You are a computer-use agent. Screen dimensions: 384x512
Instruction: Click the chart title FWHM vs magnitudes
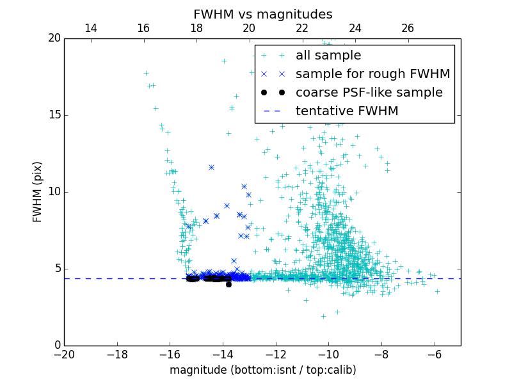262,14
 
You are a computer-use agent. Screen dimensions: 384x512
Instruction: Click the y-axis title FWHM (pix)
38,192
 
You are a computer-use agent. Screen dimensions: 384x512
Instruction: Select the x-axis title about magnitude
262,370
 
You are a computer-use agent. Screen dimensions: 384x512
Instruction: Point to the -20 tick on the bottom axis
64,355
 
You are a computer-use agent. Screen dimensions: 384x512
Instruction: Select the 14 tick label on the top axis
91,28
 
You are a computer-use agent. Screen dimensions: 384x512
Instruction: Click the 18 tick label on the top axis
196,28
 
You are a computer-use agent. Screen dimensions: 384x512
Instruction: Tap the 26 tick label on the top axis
408,28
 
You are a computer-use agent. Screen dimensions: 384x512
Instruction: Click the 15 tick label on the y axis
54,115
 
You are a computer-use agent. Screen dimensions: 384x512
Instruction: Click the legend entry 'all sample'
328,56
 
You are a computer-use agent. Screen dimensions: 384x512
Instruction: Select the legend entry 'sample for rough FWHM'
372,74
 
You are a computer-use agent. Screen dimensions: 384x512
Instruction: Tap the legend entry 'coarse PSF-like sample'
369,93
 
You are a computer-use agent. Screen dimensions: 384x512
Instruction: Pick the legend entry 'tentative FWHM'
347,111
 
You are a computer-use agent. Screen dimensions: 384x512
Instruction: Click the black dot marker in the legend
272,93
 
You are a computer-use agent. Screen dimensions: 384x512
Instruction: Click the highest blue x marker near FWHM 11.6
211,167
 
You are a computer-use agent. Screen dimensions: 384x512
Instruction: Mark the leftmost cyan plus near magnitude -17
146,73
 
